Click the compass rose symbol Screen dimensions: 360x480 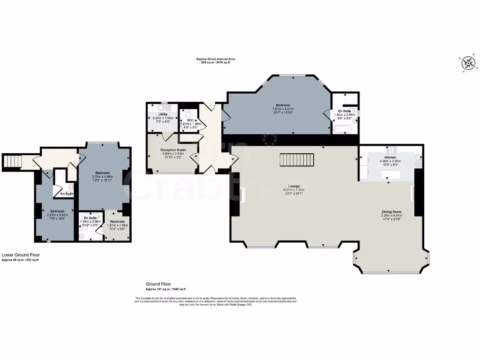pyautogui.click(x=468, y=63)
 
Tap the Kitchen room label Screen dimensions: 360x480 pyautogui.click(x=390, y=157)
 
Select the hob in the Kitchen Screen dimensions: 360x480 pyautogui.click(x=391, y=150)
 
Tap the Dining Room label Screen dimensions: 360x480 pyautogui.click(x=391, y=211)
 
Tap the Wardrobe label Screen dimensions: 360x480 pyautogui.click(x=117, y=221)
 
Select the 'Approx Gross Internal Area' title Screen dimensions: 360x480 pyautogui.click(x=216, y=59)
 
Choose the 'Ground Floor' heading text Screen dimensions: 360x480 pyautogui.click(x=158, y=284)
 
